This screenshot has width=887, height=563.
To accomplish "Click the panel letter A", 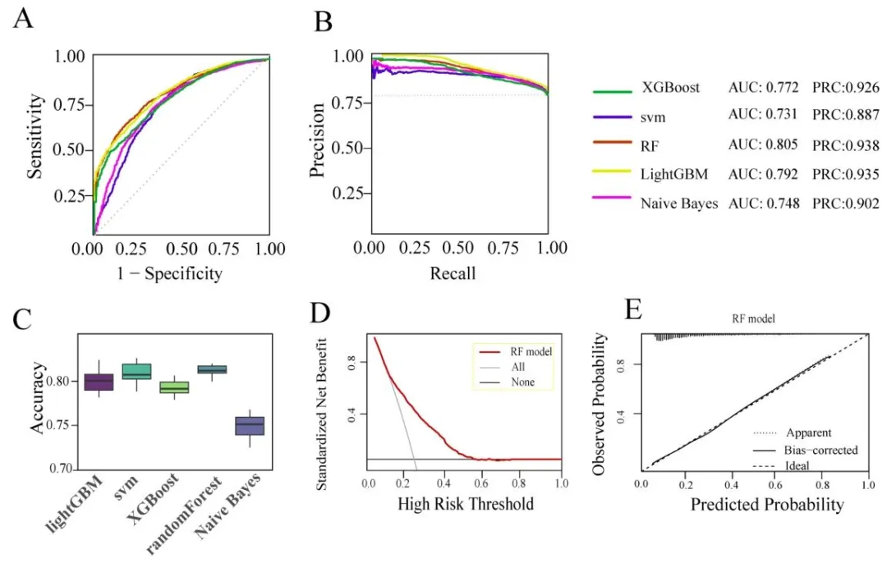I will coord(24,17).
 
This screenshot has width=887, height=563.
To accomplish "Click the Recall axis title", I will coord(453,272).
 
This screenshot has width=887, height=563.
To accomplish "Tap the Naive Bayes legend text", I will coord(678,204).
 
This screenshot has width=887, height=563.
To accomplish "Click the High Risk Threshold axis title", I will coord(466,503).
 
